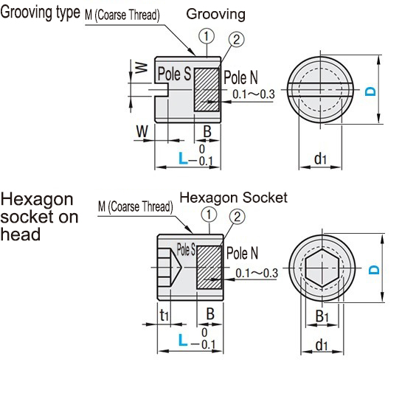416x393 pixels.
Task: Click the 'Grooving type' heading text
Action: point(40,13)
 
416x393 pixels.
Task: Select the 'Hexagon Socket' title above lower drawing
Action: point(233,198)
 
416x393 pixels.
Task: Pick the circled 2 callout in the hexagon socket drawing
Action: point(237,217)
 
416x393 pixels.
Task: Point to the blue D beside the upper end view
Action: point(371,91)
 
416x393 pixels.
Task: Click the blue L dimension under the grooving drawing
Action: point(183,157)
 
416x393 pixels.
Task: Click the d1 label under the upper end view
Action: point(320,158)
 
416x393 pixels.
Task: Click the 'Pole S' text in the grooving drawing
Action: point(175,74)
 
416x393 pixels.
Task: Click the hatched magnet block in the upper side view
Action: point(207,90)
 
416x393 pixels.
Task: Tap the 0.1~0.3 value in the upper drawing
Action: point(253,94)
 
